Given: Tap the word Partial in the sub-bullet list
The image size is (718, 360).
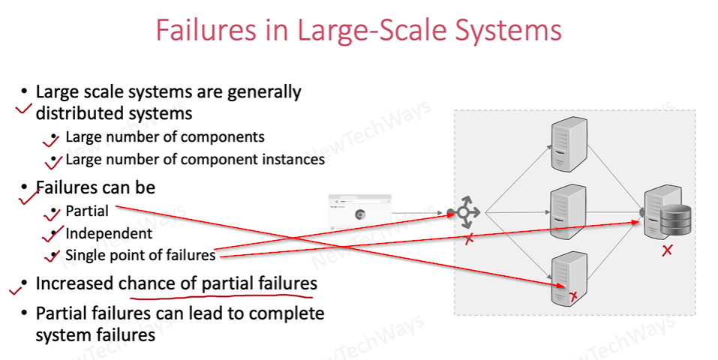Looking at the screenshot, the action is coord(87,211).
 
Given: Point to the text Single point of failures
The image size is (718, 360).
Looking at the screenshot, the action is coord(140,256).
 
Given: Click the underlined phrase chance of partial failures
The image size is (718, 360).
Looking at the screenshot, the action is coord(218,284).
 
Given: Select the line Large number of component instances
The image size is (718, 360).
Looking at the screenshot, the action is coord(195,159).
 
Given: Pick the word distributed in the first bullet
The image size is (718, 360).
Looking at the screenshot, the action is coord(78,114).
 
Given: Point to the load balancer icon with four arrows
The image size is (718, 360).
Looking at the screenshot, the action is coord(464,213).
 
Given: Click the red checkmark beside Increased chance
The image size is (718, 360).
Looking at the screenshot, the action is coord(16,286).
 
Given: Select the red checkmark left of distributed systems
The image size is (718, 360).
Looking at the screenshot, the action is coord(23,109).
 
